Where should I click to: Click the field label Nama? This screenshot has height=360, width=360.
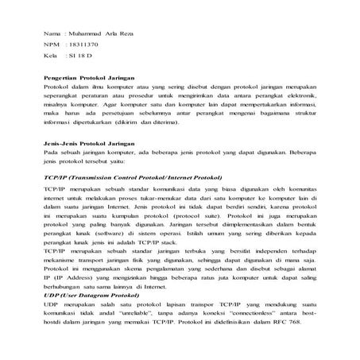(x=52, y=36)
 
